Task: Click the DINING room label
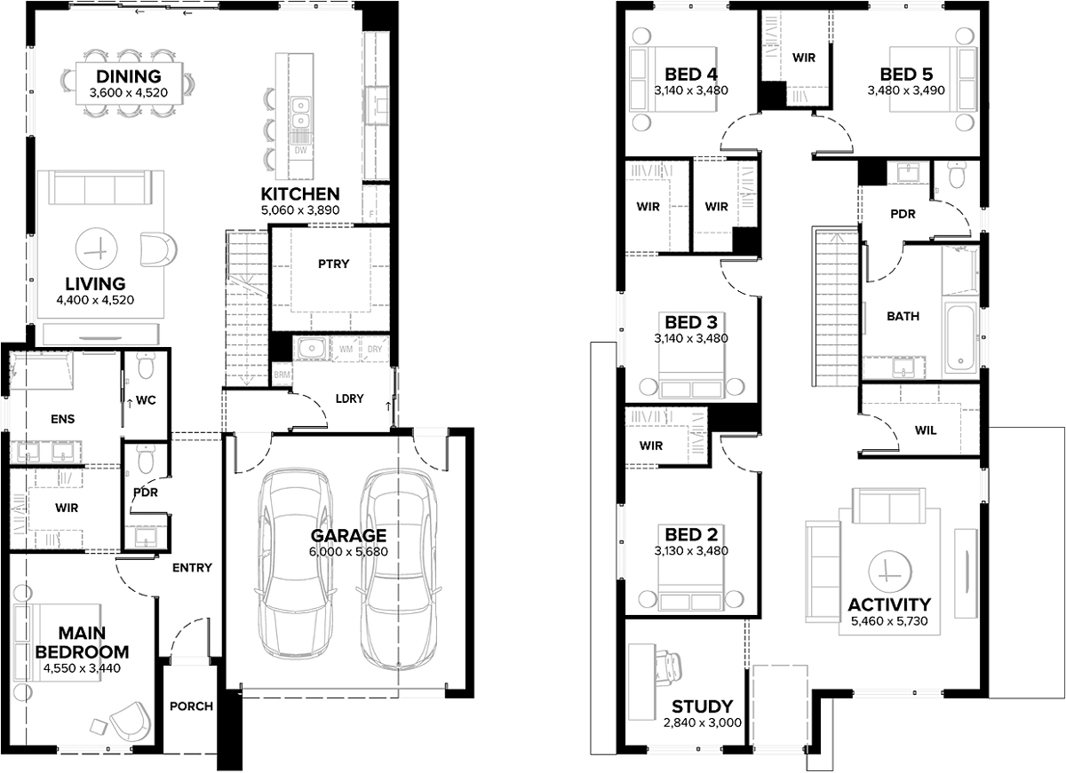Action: coord(129,76)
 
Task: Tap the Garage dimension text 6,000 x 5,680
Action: coord(348,551)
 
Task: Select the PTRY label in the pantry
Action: coord(334,264)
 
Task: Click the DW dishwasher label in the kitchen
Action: coord(301,150)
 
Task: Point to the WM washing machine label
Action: coord(346,349)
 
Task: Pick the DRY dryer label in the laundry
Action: coord(375,349)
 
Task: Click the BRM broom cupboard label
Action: coord(282,375)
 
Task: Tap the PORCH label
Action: coord(191,706)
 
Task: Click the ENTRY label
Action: coord(192,567)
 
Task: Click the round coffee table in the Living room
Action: coord(96,248)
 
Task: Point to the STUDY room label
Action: coord(702,706)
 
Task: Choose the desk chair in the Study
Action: coord(668,665)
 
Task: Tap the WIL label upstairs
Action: coord(926,430)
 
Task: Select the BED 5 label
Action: coord(906,75)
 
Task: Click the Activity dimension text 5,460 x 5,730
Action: coord(889,621)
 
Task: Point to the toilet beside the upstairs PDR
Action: coord(956,175)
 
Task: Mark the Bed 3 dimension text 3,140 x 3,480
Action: coord(691,338)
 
